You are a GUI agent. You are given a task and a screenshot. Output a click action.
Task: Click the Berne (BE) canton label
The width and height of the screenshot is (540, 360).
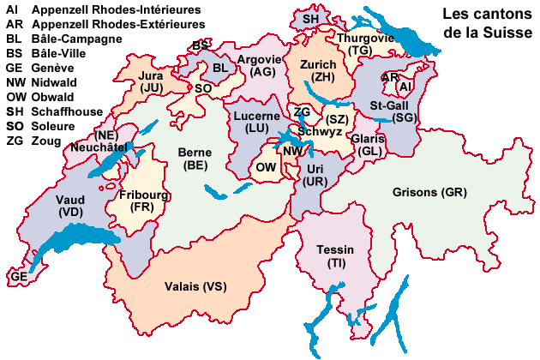pyautogui.click(x=194, y=159)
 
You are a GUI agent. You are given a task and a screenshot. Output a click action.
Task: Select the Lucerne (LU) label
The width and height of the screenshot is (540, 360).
pyautogui.click(x=256, y=122)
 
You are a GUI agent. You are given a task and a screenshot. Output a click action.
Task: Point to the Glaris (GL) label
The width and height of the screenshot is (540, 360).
pyautogui.click(x=370, y=145)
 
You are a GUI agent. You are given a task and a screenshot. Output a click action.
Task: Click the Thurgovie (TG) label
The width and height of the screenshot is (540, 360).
pyautogui.click(x=365, y=45)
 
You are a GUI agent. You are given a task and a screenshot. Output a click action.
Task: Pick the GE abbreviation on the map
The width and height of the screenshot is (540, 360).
pyautogui.click(x=19, y=277)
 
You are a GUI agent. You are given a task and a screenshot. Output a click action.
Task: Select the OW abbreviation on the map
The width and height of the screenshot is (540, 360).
pyautogui.click(x=266, y=168)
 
